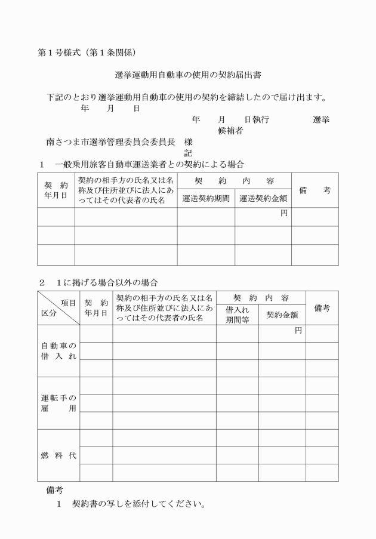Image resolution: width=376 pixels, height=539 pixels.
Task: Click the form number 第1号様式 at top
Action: point(60,53)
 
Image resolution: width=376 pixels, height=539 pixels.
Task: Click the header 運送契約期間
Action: point(206,198)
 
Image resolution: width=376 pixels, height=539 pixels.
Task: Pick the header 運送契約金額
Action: point(263,198)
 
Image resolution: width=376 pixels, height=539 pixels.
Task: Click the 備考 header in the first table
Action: point(315,190)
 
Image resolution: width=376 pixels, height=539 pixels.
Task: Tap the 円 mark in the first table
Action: point(284,213)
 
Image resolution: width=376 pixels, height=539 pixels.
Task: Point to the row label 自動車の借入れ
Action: point(58,351)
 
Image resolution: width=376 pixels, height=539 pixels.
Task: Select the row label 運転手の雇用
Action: point(58,403)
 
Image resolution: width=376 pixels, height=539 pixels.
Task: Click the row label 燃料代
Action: point(58,455)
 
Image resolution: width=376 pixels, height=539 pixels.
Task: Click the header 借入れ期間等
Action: point(237,315)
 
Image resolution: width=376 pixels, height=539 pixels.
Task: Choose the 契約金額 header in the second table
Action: point(282,315)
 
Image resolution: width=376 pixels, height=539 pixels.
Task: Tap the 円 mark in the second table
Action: point(298,330)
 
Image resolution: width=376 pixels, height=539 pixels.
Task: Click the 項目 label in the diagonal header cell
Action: point(69,303)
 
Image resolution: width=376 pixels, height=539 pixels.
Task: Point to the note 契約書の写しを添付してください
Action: point(138,504)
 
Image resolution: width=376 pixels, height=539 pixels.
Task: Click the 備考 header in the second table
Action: point(322,308)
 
